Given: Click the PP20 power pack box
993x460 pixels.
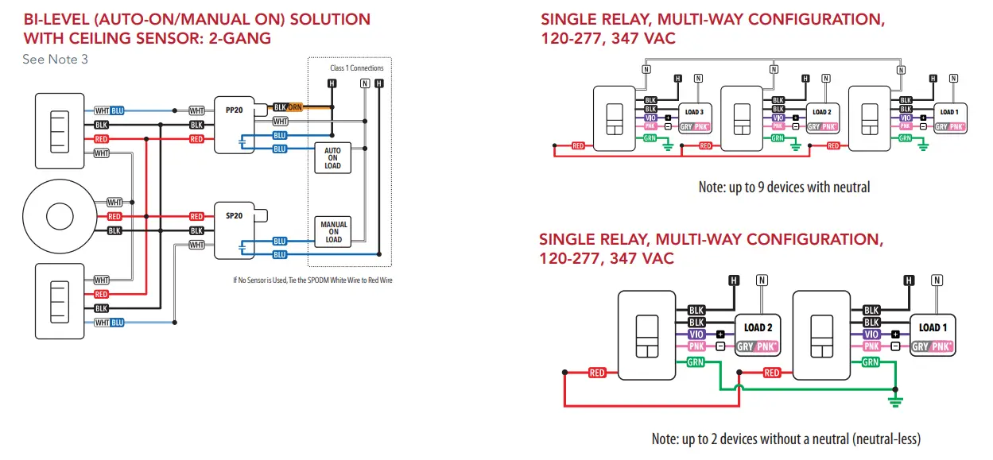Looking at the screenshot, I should [234, 125].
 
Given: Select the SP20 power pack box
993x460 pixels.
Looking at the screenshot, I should [234, 230].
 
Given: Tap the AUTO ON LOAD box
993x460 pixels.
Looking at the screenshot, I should [332, 157].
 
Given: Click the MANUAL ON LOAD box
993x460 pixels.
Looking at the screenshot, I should [333, 232].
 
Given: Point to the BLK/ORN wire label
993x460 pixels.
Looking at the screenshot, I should [289, 107].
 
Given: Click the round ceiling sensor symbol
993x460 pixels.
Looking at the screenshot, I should [58, 217].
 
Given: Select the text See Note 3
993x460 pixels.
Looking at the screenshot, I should [56, 60].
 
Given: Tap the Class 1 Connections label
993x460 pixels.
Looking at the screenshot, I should [356, 68].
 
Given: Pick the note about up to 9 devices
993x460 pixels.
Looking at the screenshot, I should [784, 187].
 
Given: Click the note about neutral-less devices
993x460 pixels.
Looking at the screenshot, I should [785, 439].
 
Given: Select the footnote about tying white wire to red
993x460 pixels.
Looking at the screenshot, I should [312, 280].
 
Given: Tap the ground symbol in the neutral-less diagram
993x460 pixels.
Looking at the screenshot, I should [896, 400].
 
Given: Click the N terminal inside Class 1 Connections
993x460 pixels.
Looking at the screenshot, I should [364, 83].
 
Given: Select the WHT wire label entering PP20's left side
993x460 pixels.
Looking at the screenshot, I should [196, 110].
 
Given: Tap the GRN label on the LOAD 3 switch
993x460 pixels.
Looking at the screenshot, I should [650, 138].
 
